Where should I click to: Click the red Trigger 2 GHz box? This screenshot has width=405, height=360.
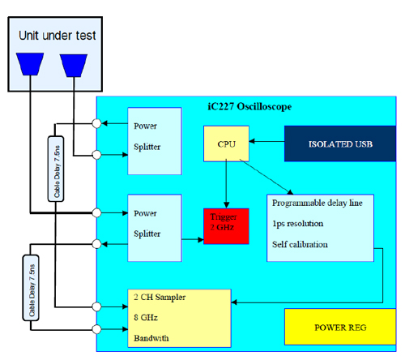click(x=226, y=226)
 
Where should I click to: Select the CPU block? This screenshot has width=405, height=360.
click(x=226, y=144)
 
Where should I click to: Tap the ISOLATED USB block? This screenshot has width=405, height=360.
click(x=340, y=144)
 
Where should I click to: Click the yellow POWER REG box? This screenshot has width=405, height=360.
click(x=340, y=327)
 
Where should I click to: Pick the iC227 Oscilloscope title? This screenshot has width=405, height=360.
click(x=249, y=107)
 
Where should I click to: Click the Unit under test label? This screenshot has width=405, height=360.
click(x=58, y=36)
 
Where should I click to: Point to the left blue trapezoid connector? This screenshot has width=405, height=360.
click(x=30, y=64)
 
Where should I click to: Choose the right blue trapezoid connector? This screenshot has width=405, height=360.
click(x=74, y=66)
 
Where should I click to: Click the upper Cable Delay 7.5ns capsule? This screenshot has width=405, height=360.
click(x=56, y=169)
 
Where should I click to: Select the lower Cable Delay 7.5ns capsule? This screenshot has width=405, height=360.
click(x=31, y=288)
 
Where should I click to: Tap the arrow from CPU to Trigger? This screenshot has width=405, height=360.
click(x=226, y=185)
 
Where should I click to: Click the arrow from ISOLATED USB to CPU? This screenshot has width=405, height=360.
click(x=266, y=141)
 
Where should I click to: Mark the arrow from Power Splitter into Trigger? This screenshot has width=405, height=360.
click(x=193, y=239)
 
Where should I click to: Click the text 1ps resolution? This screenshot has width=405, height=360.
click(x=297, y=224)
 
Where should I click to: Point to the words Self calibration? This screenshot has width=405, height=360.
click(x=300, y=244)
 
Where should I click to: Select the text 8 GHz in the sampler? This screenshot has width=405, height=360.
click(x=146, y=317)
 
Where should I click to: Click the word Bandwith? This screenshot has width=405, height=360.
click(x=151, y=338)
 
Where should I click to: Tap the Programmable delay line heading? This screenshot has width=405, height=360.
click(x=317, y=203)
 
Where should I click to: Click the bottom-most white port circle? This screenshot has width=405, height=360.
click(x=96, y=329)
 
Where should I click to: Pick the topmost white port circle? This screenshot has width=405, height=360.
click(x=96, y=123)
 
